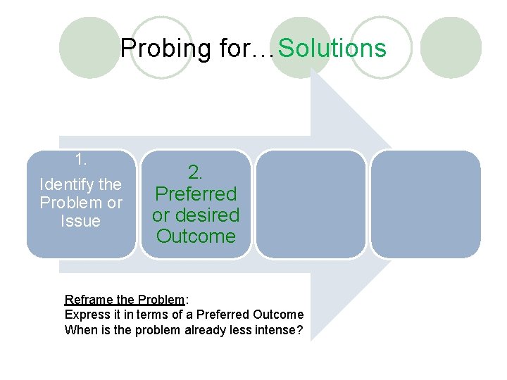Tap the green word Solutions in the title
click(x=332, y=49)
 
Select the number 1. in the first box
click(x=81, y=159)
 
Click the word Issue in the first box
click(x=81, y=221)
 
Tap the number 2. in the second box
click(x=196, y=172)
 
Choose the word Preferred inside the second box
click(x=196, y=193)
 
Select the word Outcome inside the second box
click(x=196, y=236)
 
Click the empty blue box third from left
click(x=311, y=203)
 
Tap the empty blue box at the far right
click(x=425, y=203)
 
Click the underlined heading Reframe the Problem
click(x=124, y=299)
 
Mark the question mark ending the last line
click(x=298, y=329)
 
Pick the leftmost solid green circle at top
click(x=89, y=47)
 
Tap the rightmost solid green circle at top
click(x=454, y=47)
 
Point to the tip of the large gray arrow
click(x=391, y=203)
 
